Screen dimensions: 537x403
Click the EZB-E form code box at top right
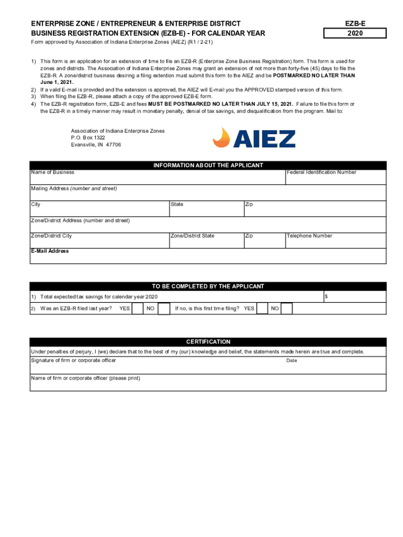[355, 24]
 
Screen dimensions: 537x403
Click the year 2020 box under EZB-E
[355, 34]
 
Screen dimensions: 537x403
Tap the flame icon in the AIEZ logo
[222, 138]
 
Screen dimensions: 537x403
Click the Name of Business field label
[52, 173]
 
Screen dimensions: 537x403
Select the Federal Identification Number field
[335, 177]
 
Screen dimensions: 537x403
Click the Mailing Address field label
[74, 188]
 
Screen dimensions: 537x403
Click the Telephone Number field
[335, 240]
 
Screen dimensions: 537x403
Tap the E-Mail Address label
[50, 251]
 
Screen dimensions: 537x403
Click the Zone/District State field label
[192, 236]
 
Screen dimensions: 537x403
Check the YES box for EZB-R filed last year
[138, 309]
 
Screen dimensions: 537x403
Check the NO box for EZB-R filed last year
[164, 309]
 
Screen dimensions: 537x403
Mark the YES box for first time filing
[262, 309]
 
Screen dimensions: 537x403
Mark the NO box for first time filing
[287, 309]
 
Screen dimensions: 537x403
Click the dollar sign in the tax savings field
[327, 297]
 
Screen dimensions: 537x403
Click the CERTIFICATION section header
[208, 342]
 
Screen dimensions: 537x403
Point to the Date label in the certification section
[292, 361]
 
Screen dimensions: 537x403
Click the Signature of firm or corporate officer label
[73, 360]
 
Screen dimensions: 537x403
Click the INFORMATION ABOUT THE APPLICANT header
[208, 165]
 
